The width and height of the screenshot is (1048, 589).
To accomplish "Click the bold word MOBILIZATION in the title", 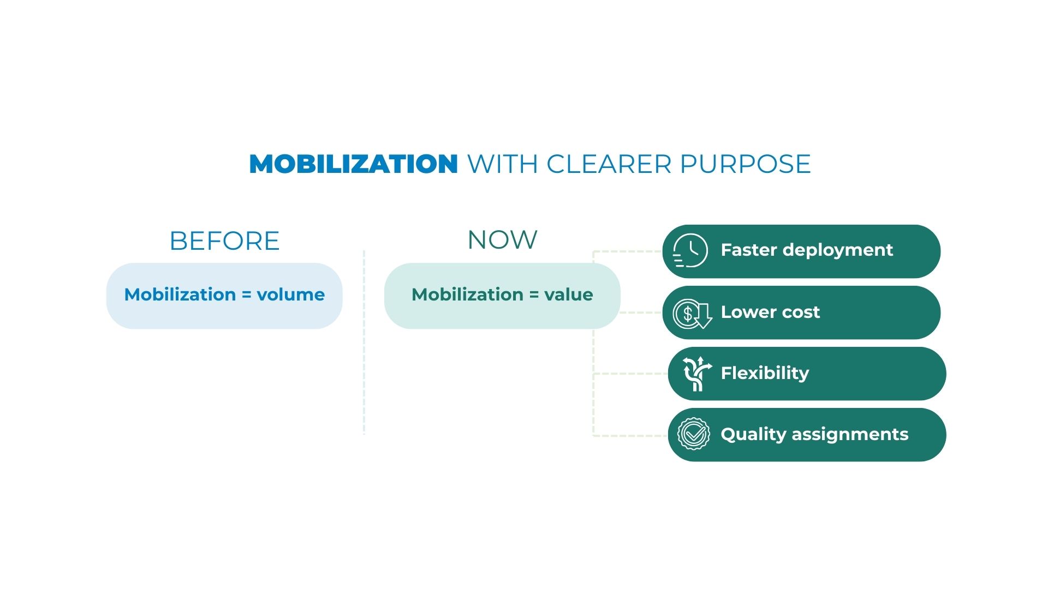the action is (353, 164).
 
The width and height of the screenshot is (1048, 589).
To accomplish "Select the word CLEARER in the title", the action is (609, 164).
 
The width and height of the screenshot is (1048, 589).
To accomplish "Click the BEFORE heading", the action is (225, 241).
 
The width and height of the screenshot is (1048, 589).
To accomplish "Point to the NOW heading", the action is (503, 240).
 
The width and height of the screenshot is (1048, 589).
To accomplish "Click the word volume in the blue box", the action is (291, 294).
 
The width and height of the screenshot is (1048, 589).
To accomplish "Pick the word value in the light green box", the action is (569, 294).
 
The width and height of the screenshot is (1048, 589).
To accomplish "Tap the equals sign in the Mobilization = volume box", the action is (246, 295).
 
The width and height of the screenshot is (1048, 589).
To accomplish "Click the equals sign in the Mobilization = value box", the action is (534, 295).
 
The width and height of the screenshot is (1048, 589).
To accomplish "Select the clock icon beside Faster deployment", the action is (690, 250).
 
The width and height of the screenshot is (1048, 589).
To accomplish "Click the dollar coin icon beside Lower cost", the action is (692, 314).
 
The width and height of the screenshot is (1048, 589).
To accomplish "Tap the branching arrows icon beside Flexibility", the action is (697, 374).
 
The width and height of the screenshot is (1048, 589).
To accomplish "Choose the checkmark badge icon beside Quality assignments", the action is (693, 434).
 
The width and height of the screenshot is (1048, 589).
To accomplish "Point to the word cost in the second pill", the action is (801, 312).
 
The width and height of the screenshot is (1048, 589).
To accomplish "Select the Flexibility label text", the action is (765, 374).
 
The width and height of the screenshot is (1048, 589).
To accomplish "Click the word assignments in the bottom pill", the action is (850, 435).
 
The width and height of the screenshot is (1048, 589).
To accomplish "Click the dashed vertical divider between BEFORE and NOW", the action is (364, 342).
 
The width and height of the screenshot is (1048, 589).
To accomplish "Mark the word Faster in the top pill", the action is (749, 250).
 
